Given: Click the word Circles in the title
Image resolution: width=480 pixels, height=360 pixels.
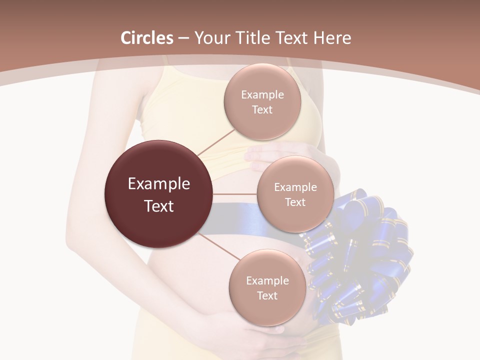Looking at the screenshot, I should (x=146, y=38).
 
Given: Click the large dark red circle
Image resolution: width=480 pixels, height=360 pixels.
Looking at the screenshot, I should (x=158, y=194).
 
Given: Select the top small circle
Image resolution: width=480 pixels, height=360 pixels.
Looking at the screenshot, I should (x=262, y=102).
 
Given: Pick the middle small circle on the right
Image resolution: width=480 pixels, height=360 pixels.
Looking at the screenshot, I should (x=295, y=194).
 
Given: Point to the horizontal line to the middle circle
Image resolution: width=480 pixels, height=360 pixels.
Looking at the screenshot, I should (x=235, y=194).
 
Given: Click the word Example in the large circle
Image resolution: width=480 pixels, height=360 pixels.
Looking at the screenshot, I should (x=158, y=183).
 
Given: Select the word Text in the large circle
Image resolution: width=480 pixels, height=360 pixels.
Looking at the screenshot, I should (x=158, y=205).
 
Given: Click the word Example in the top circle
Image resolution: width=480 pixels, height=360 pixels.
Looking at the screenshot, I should (x=262, y=94).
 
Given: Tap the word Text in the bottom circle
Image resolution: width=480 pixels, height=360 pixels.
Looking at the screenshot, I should (x=267, y=295).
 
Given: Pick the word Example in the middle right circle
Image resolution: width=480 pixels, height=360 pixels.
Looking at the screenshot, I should (x=295, y=187).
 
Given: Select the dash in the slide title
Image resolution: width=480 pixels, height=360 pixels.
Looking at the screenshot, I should (x=183, y=38).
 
